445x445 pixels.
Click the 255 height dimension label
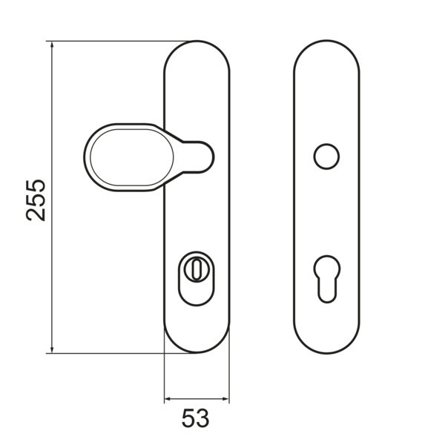click(x=36, y=200)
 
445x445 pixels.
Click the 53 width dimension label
click(x=195, y=418)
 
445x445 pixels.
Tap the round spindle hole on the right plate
click(x=326, y=156)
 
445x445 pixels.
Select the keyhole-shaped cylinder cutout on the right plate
click(x=326, y=279)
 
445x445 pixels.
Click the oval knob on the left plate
click(x=132, y=157)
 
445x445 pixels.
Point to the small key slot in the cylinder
click(x=196, y=269)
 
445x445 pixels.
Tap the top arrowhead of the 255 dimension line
click(x=52, y=44)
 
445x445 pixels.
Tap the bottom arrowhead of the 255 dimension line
click(x=52, y=349)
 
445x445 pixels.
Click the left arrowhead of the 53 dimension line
click(x=168, y=399)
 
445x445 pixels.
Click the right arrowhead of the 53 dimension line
click(x=225, y=399)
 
